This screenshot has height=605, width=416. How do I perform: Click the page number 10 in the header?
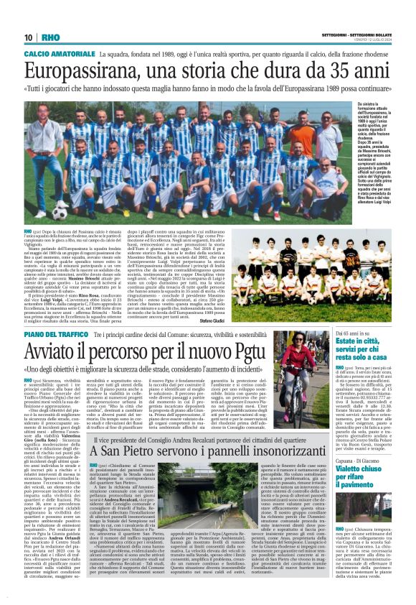pos(29,37)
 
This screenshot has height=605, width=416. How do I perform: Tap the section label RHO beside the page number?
pos(50,37)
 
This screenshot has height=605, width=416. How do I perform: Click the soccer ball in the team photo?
pos(59,212)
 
